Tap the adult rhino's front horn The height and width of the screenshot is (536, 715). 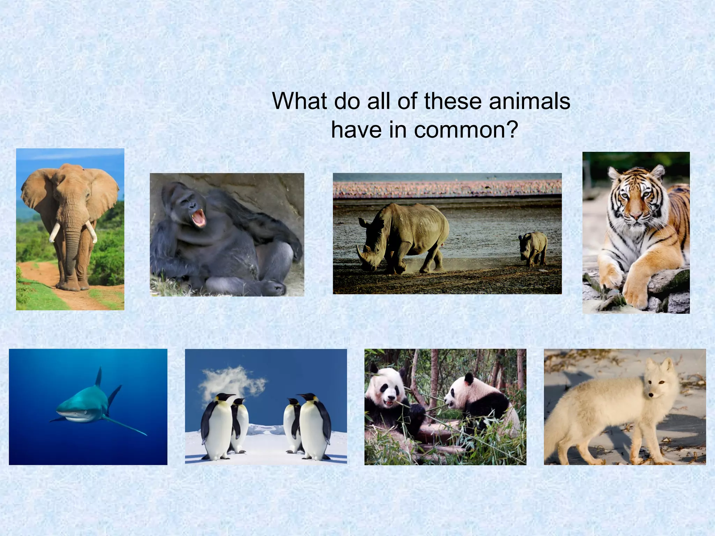[x=360, y=254]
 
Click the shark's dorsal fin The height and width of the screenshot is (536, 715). [x=99, y=377]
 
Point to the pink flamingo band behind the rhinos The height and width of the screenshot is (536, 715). [x=447, y=188]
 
